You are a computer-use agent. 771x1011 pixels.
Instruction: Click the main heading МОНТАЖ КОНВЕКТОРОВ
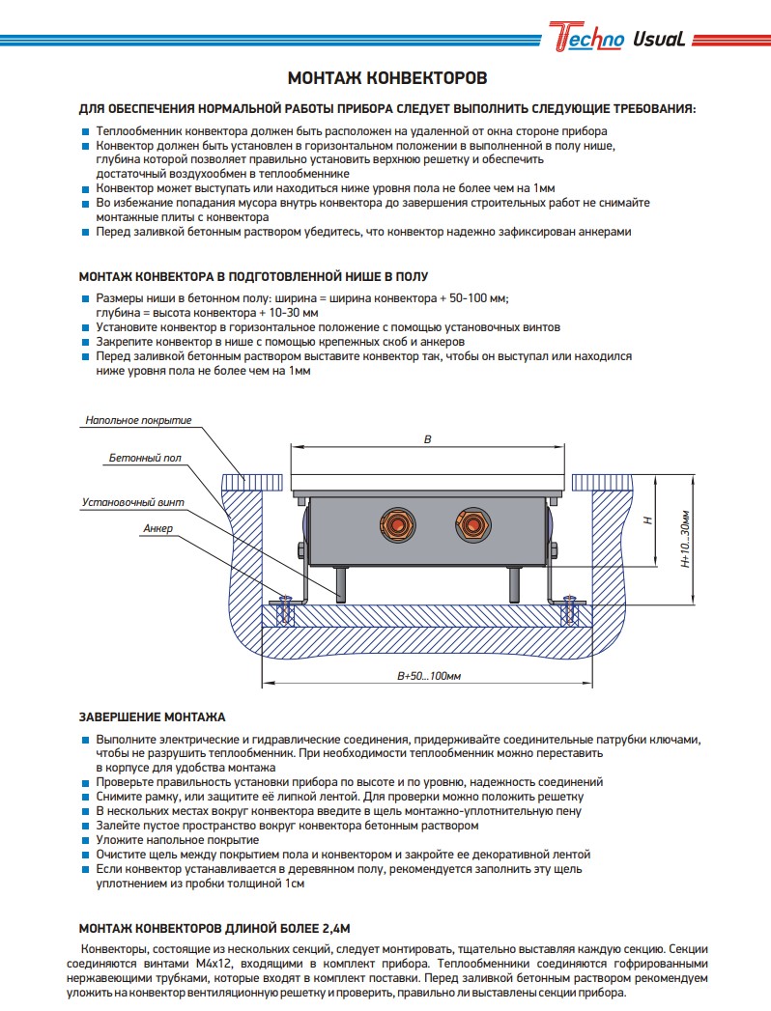(x=387, y=77)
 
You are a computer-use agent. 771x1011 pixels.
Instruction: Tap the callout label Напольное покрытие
(x=138, y=420)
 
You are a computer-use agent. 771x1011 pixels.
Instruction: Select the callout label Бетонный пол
(x=145, y=458)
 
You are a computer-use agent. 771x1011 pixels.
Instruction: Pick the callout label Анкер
(x=157, y=529)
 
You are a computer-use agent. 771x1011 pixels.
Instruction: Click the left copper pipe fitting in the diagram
(x=396, y=526)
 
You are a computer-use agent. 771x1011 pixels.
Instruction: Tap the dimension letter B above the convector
(x=428, y=439)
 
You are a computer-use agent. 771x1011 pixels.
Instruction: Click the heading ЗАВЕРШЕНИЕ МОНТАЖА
(x=152, y=717)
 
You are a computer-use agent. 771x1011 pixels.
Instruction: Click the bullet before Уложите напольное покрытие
(x=86, y=841)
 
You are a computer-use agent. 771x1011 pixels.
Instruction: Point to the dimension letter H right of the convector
(x=649, y=520)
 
